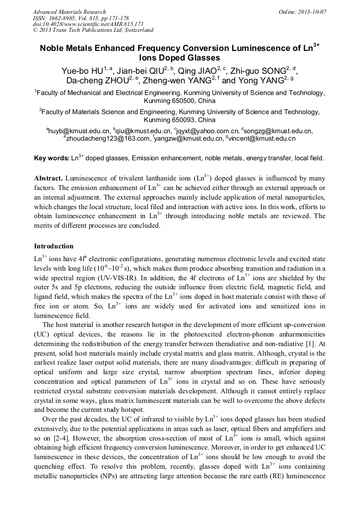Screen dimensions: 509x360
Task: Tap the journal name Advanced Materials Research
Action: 69,12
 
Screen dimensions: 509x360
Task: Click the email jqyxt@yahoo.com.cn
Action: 207,131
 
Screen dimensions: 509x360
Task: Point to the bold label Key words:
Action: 52,158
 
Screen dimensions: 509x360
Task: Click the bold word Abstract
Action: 49,178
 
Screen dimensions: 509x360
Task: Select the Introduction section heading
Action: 54,246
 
